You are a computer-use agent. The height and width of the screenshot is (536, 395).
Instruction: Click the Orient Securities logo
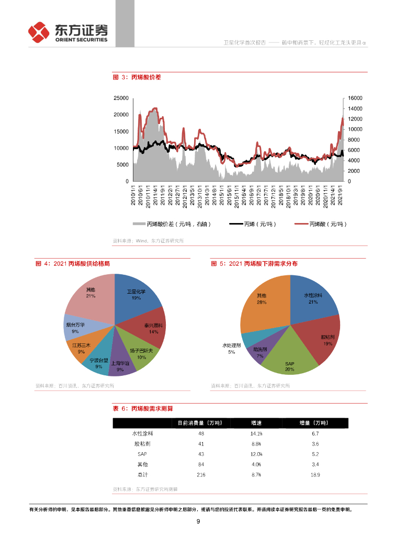pos(67,32)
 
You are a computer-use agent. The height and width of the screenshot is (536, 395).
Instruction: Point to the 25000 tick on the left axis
pos(121,98)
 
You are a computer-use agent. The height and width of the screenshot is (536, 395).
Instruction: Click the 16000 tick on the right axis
pos(355,98)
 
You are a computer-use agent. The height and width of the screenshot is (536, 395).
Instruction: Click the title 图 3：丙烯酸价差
pos(137,77)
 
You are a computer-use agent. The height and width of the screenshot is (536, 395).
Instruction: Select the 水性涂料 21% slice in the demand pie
pos(313,298)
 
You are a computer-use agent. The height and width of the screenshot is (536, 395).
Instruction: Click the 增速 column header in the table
pos(256,423)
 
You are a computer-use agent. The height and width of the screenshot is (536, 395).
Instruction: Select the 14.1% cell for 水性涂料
pos(256,433)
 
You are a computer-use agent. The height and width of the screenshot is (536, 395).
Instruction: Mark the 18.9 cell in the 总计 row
pos(315,475)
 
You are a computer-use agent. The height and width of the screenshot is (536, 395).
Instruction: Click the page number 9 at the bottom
pos(198,521)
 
